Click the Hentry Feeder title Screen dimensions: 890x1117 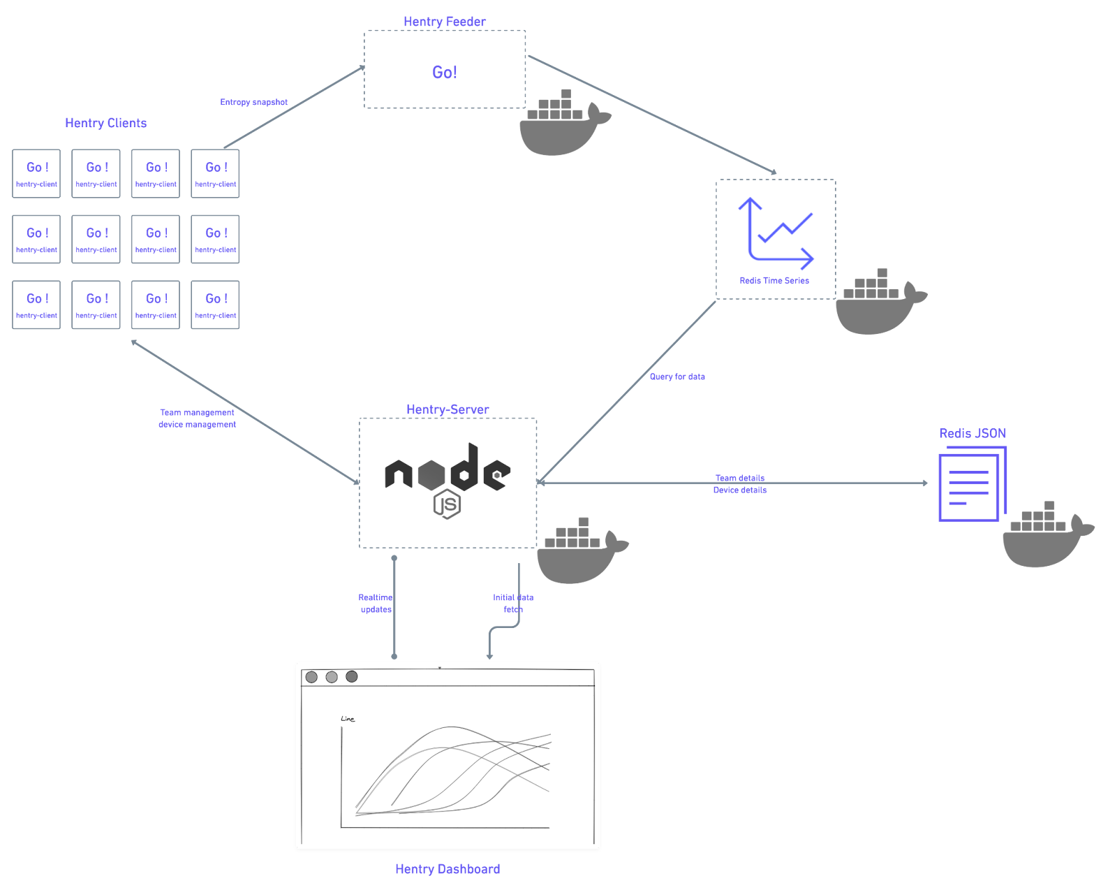click(445, 22)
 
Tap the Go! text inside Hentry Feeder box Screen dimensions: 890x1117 click(445, 72)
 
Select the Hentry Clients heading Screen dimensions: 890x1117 click(106, 123)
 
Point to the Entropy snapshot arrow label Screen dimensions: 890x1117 click(253, 102)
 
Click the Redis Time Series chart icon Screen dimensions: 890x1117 click(776, 233)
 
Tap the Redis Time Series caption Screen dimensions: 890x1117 click(774, 281)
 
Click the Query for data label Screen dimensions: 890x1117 click(677, 377)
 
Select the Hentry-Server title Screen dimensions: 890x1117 click(447, 409)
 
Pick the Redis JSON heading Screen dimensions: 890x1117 click(972, 433)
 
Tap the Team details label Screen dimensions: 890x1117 click(740, 479)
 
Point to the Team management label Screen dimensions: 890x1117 click(197, 413)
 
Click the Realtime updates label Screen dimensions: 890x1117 click(376, 604)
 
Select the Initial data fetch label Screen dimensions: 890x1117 click(512, 604)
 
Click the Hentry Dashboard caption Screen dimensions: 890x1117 click(447, 869)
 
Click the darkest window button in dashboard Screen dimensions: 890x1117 click(352, 676)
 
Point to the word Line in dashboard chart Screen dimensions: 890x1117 click(348, 719)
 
